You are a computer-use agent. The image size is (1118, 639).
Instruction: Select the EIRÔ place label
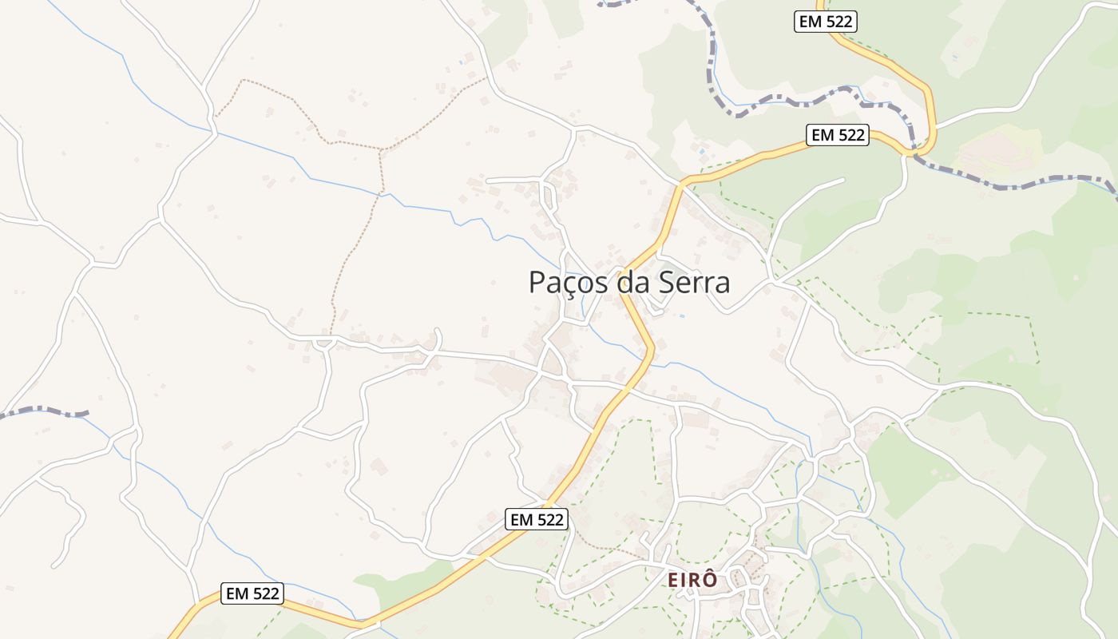point(692,580)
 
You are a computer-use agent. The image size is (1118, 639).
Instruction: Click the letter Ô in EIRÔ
point(709,579)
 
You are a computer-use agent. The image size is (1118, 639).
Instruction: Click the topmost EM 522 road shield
point(826,22)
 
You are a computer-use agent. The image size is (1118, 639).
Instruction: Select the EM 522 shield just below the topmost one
point(838,135)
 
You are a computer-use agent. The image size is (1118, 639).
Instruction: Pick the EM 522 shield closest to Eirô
point(537,519)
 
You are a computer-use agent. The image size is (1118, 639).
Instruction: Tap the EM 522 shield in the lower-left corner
point(252,593)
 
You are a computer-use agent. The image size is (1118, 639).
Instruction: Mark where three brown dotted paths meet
point(382,149)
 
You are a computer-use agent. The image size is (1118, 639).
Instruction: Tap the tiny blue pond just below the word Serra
point(681,316)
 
